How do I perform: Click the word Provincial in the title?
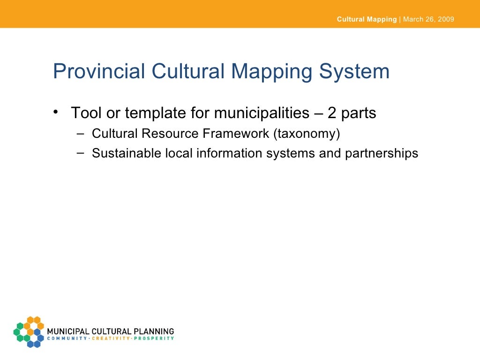click(x=99, y=72)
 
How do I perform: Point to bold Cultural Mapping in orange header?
click(x=367, y=20)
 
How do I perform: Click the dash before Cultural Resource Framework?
click(x=82, y=133)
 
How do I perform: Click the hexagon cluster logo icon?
click(x=29, y=331)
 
